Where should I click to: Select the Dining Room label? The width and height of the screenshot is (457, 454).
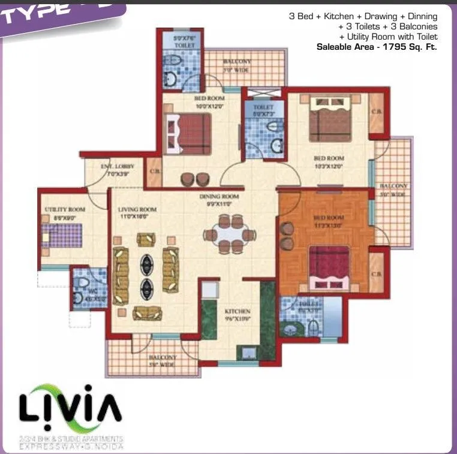(x=219, y=197)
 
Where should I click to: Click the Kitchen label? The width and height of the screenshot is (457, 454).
(x=237, y=312)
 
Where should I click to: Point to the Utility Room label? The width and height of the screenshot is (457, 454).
(x=65, y=209)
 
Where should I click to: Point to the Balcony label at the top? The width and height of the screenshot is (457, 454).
(x=237, y=62)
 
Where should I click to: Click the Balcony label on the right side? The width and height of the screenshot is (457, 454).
(x=394, y=187)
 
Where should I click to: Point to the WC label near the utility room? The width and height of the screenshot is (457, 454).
(x=77, y=293)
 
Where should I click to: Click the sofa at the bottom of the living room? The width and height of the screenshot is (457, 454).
(x=148, y=312)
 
